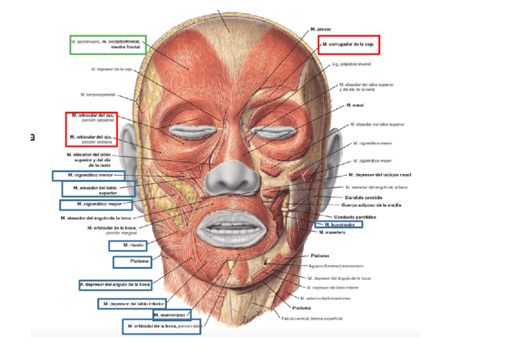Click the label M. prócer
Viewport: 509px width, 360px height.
tap(321, 29)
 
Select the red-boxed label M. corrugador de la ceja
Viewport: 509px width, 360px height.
tap(349, 44)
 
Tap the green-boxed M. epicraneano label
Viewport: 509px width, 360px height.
tap(109, 44)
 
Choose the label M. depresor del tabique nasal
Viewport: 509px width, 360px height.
tap(380, 175)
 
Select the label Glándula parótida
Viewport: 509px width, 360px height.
tap(364, 197)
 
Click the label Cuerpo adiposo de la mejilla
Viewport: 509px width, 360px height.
tap(373, 205)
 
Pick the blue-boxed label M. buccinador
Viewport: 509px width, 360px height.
tap(340, 224)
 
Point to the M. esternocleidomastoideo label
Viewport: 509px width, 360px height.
tap(328, 298)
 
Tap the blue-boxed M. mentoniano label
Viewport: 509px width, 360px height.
tap(172, 314)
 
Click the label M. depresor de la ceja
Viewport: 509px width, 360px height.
tap(112, 69)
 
